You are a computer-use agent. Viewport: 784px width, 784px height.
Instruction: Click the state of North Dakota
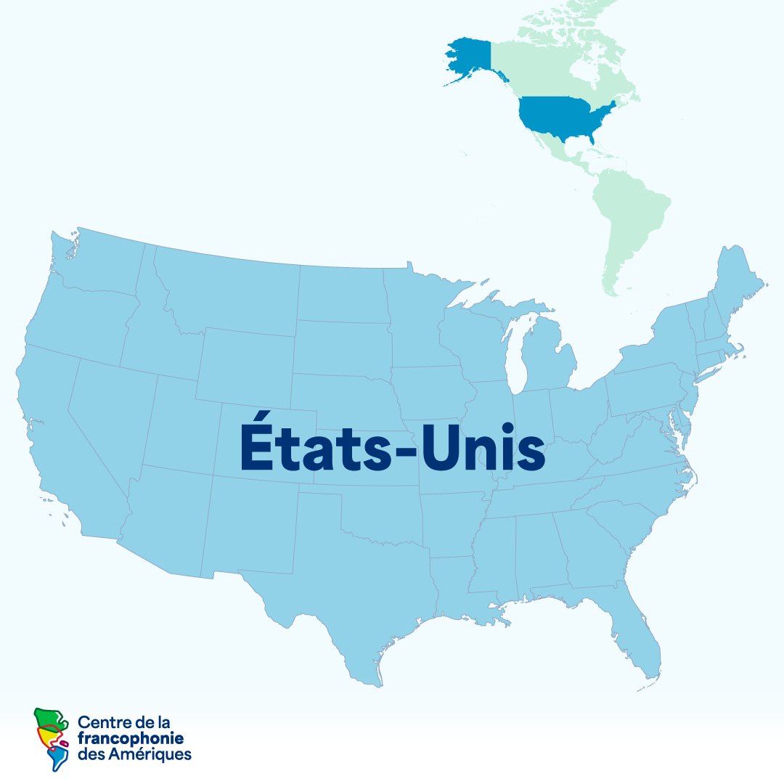pos(341,294)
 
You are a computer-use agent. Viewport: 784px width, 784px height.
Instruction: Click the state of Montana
pos(232,290)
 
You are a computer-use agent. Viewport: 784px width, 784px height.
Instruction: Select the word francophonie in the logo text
pos(131,738)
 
